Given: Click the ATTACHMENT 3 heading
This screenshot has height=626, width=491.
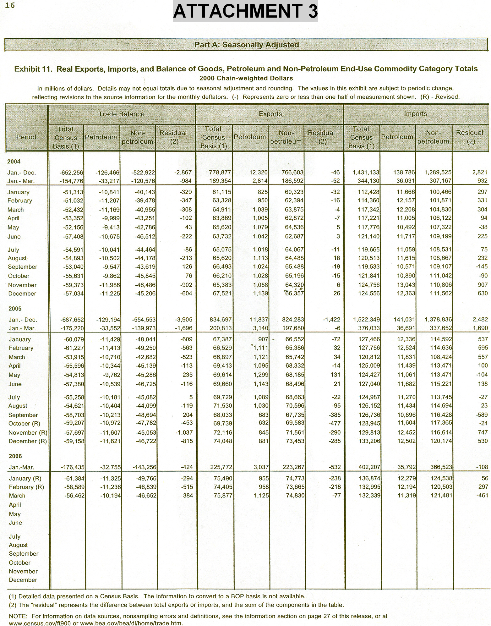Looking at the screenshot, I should click(x=245, y=11).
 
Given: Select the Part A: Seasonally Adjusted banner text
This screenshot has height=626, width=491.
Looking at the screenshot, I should click(x=247, y=45).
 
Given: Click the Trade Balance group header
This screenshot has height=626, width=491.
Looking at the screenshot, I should click(x=122, y=114).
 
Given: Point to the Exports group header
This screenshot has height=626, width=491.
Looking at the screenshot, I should click(x=270, y=114).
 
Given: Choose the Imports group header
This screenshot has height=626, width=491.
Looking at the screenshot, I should click(x=415, y=114).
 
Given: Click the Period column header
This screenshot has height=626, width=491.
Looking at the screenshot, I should click(x=26, y=137).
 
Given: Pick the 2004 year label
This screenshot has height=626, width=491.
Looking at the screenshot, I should click(x=14, y=162).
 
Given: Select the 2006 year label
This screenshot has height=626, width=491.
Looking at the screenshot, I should click(x=15, y=456).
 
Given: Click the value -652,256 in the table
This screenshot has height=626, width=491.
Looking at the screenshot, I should click(x=71, y=173).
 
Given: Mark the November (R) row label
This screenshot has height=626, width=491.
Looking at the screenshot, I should click(x=28, y=433).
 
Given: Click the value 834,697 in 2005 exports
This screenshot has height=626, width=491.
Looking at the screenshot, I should click(x=221, y=320).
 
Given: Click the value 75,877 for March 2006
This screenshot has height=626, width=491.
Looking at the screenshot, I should click(x=222, y=496).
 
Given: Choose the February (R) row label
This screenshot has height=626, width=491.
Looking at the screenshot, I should click(x=26, y=487).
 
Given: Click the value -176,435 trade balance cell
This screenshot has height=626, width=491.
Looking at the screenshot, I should click(x=72, y=467).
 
